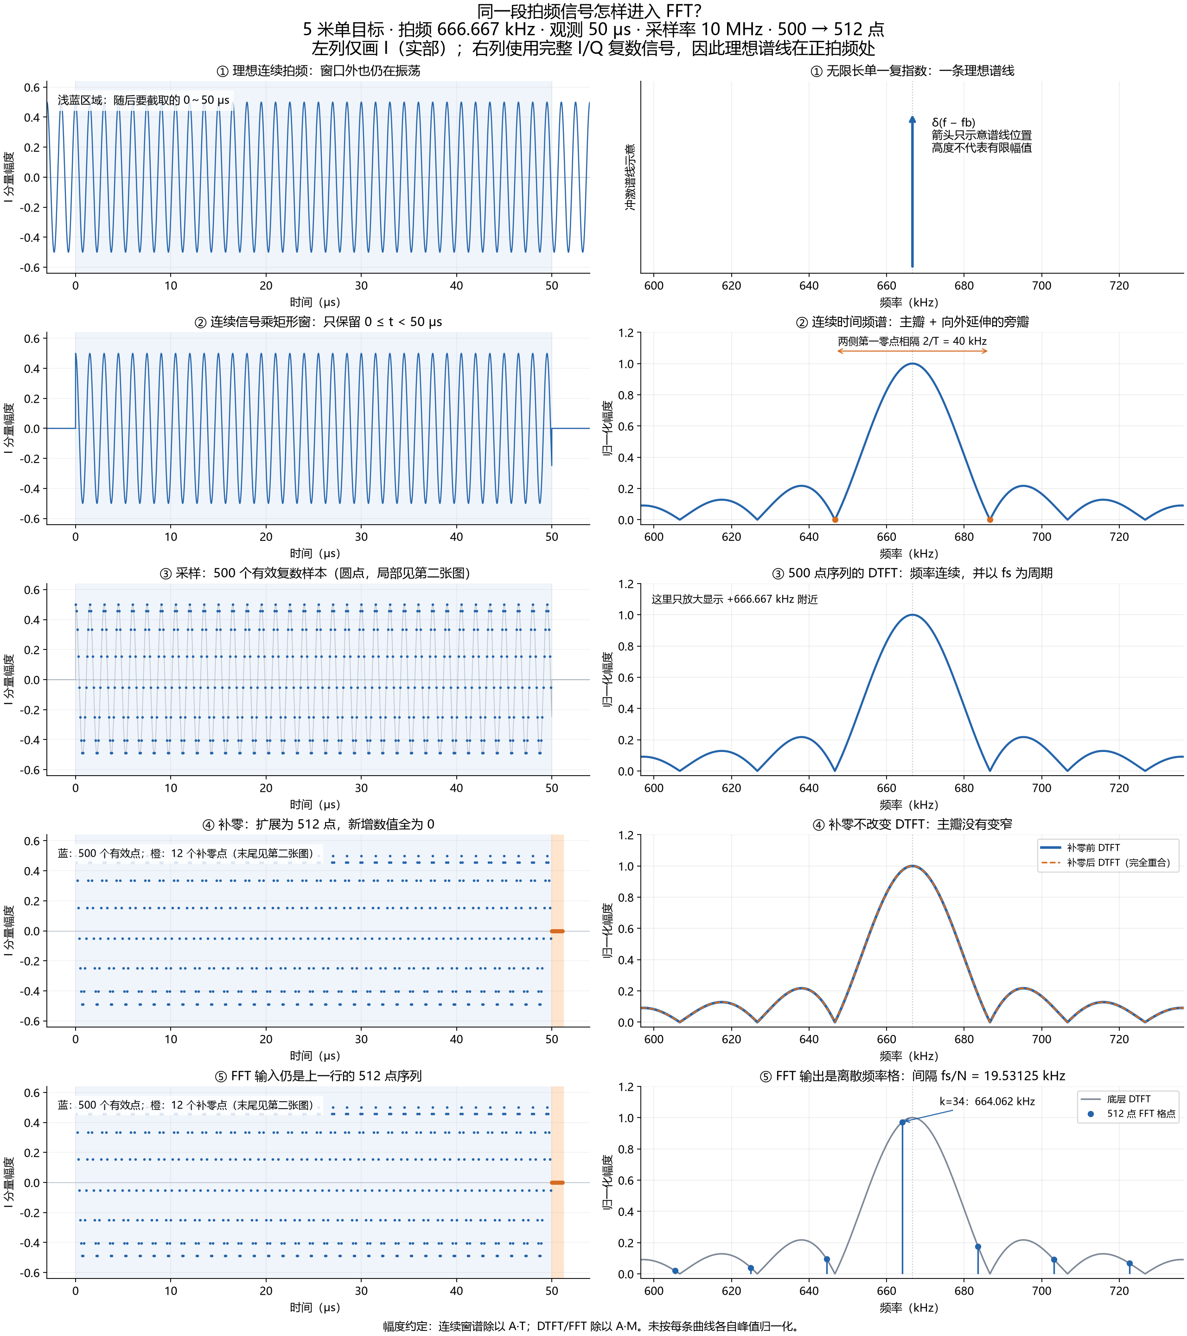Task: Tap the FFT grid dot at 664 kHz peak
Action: (902, 1122)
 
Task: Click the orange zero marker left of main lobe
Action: (835, 520)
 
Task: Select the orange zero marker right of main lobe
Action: (990, 520)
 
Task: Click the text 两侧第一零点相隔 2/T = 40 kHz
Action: (912, 341)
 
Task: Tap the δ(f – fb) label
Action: (953, 122)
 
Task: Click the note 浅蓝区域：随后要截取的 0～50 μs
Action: (143, 100)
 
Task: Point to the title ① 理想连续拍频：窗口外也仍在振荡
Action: (318, 71)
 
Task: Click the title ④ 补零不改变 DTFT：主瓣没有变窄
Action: (912, 824)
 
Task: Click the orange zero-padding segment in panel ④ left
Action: (557, 931)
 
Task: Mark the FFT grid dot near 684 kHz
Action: (977, 1247)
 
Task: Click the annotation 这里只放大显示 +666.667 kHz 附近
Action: (734, 599)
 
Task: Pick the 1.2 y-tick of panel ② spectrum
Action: (626, 333)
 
